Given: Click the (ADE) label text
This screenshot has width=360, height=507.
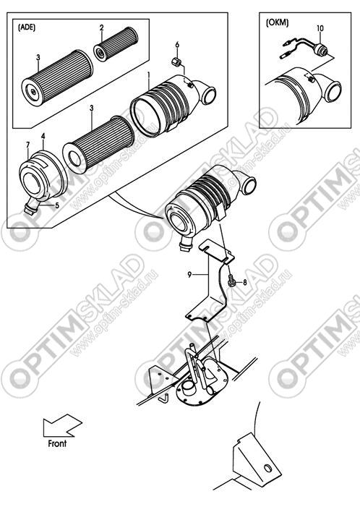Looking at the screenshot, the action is pos(27,27).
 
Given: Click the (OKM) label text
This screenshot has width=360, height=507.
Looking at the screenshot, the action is pos(278,22).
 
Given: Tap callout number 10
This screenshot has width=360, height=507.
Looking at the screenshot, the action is pos(320,28).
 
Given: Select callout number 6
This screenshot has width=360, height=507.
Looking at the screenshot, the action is pos(177,45).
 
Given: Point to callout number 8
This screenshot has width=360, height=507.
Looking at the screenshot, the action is pos(244,282).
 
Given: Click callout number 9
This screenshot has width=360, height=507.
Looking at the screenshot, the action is pos(189,275).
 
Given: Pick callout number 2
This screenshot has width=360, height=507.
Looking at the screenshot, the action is pos(102,27).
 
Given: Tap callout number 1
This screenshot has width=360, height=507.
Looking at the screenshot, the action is pos(149,75).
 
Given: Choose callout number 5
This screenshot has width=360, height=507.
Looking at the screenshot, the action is pos(57,205).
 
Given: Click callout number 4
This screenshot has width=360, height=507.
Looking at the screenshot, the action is pos(43,136).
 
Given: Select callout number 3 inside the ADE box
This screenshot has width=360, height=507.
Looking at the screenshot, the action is pos(38,58).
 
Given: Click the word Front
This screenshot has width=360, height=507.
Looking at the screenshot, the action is pos(57,443).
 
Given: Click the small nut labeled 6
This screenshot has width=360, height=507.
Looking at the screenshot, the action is pos(176,61).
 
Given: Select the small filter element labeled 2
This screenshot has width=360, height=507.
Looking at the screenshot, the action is pos(116,44).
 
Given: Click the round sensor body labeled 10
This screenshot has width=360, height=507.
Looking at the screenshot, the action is pos(321,49).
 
